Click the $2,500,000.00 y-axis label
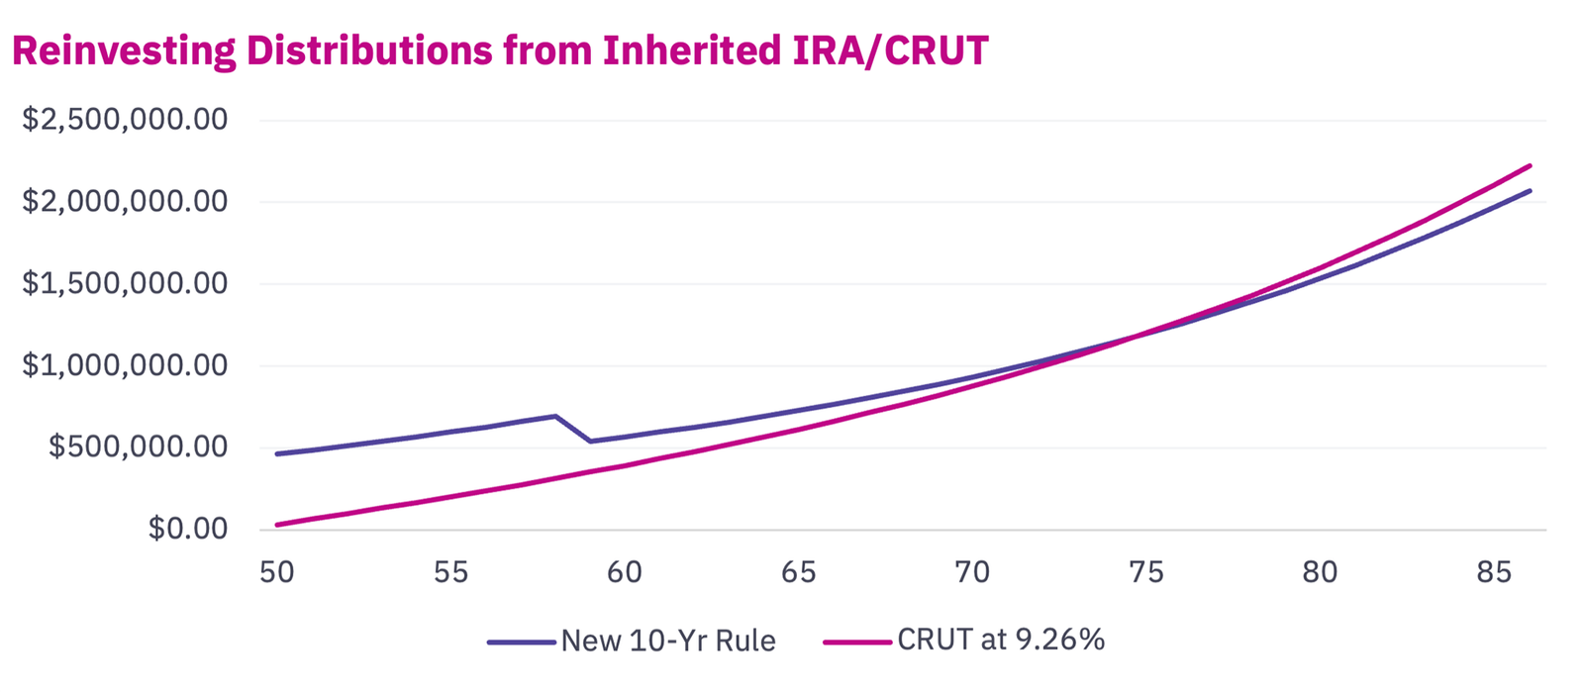[x=125, y=120]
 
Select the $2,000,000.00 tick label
[x=125, y=201]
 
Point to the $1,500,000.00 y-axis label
[x=125, y=283]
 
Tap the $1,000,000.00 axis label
[x=125, y=365]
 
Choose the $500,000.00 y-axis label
[x=138, y=447]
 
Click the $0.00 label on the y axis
[x=188, y=529]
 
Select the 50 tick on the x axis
[x=277, y=572]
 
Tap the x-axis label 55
[x=450, y=572]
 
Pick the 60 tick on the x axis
[x=625, y=572]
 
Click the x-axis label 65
[x=798, y=572]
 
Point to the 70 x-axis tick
[x=972, y=572]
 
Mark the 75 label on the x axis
[x=1145, y=572]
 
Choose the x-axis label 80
[x=1320, y=572]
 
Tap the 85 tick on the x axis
[x=1493, y=572]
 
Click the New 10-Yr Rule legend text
[x=668, y=641]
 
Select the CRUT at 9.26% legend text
[x=1001, y=640]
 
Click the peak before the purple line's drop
[x=555, y=416]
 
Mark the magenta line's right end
[x=1531, y=165]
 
